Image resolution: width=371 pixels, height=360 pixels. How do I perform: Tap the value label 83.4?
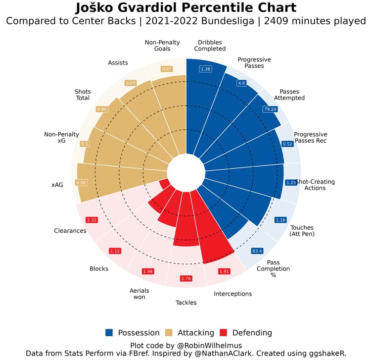point(257,251)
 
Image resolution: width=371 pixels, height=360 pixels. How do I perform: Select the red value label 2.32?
point(92,219)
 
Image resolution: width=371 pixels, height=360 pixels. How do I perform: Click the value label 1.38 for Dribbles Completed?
point(205,69)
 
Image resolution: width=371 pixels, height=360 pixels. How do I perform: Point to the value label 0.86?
point(102,108)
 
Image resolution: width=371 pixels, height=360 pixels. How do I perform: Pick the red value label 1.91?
point(225,271)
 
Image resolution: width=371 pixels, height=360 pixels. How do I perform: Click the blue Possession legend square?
point(109,333)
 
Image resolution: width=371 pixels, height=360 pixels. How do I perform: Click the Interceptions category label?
point(232,294)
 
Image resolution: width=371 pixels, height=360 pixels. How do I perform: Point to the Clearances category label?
point(70,231)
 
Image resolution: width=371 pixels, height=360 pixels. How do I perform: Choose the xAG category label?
point(57,185)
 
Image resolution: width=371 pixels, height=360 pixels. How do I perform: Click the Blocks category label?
point(98,269)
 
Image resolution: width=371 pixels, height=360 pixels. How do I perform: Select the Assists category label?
point(118,63)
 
